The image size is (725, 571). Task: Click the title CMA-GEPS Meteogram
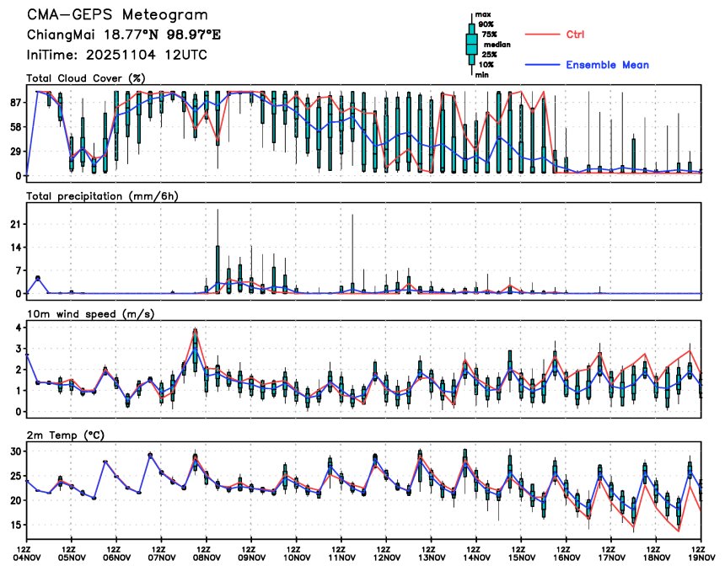(117, 15)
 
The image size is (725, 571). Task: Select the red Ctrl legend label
(575, 35)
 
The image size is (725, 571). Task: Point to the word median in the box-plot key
(497, 45)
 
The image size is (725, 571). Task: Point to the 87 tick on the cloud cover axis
(15, 103)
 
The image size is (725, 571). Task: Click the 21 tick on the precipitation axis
(15, 225)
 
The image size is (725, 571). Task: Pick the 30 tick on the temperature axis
(15, 451)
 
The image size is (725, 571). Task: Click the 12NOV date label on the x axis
(386, 557)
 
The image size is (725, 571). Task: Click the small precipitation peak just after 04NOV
(38, 277)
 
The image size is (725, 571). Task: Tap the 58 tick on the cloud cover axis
(15, 126)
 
